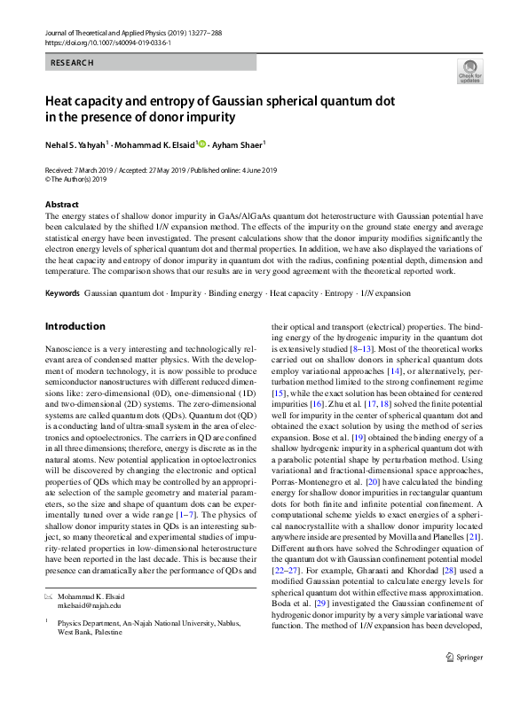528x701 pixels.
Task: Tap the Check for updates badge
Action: (469, 71)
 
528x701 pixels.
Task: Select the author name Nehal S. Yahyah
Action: (75, 144)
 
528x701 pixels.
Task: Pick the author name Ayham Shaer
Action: (241, 144)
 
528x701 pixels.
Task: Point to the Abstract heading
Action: (61, 204)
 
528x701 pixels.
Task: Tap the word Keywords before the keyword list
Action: (62, 292)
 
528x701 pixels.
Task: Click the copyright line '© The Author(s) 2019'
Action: (75, 178)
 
